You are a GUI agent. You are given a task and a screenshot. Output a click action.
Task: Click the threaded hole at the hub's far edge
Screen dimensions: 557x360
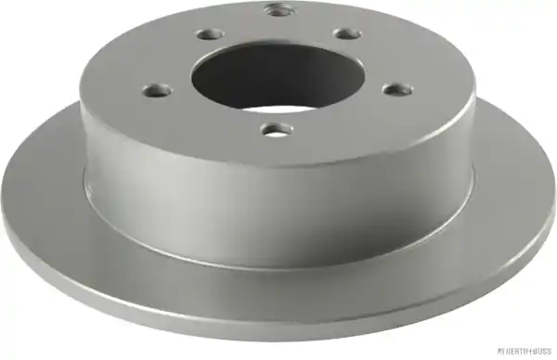[x=279, y=9]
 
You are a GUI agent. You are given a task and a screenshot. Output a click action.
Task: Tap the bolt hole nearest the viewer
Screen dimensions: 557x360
[x=277, y=130]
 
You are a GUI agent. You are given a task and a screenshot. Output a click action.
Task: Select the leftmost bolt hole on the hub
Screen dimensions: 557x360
[x=157, y=90]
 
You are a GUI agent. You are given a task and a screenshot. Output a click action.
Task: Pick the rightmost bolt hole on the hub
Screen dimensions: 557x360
[x=398, y=89]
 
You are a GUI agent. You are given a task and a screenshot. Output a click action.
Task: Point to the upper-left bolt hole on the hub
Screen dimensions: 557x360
[x=211, y=34]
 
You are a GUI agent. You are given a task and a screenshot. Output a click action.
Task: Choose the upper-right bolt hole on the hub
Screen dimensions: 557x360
[x=347, y=34]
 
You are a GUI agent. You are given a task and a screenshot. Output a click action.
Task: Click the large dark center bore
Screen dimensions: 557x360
[x=278, y=76]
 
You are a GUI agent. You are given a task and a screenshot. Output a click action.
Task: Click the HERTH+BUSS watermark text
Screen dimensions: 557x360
[x=525, y=351]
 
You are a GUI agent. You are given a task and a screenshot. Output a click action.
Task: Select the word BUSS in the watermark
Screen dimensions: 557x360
[x=543, y=351]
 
